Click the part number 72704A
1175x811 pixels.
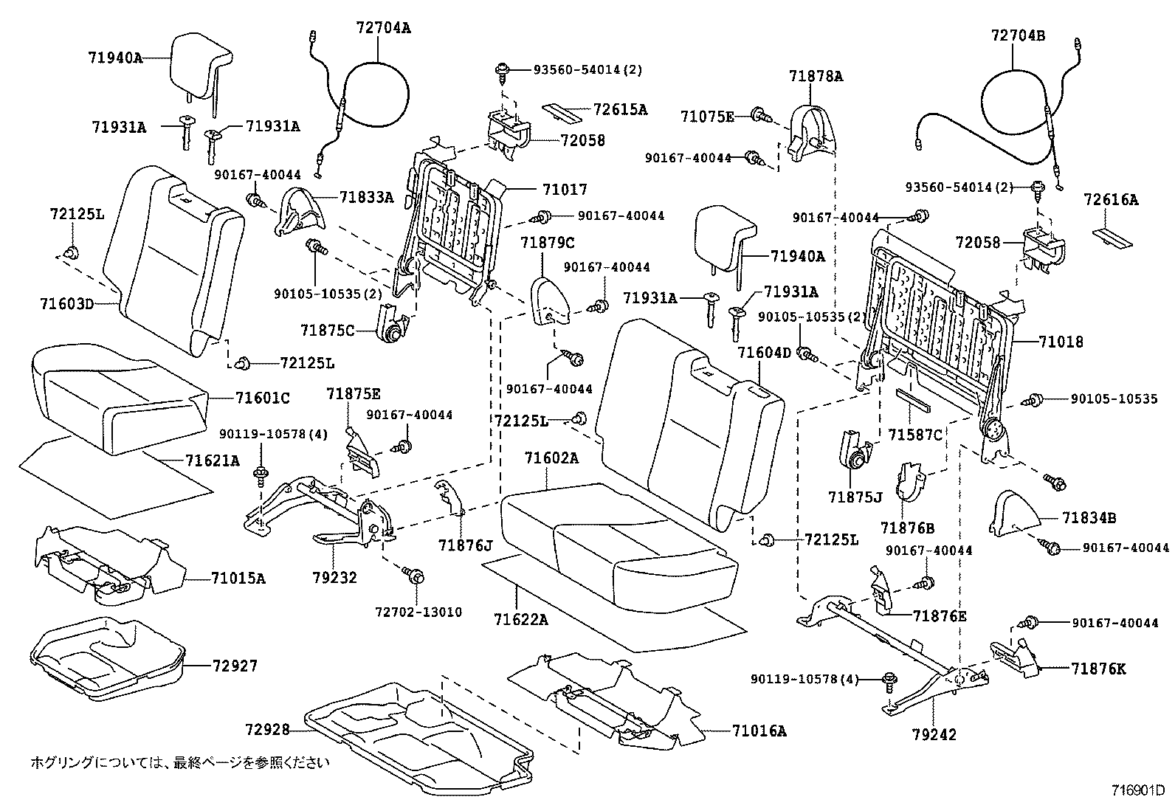pos(382,28)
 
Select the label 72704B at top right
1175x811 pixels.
pos(1018,35)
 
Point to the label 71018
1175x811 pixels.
pos(1061,342)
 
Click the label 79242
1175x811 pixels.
pos(934,734)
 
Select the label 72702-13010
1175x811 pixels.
pos(418,612)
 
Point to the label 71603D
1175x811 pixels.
pos(67,303)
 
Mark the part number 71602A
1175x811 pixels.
pos(551,458)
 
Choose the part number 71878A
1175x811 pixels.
pos(816,75)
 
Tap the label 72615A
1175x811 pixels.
pos(620,110)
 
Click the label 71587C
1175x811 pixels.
pos(916,435)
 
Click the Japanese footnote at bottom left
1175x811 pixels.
pos(179,762)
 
